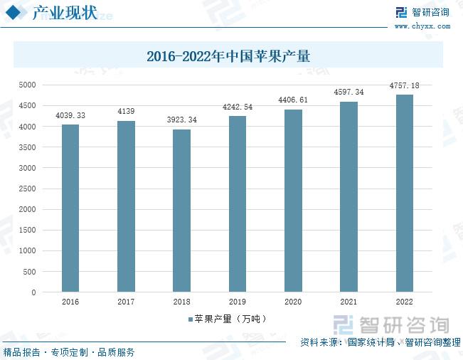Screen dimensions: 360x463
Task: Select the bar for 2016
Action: pyautogui.click(x=70, y=208)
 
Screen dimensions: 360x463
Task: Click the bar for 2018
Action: pyautogui.click(x=181, y=211)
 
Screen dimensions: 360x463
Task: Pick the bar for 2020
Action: pyautogui.click(x=293, y=201)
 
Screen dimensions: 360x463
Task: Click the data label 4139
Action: pyautogui.click(x=126, y=112)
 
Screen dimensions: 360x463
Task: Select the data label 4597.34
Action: pyautogui.click(x=348, y=92)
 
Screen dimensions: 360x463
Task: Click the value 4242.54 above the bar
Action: pyautogui.click(x=237, y=107)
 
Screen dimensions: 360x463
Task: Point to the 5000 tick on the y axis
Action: pyautogui.click(x=27, y=85)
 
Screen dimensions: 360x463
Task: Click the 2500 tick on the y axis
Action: pyautogui.click(x=27, y=189)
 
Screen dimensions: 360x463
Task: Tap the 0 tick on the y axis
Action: pyautogui.click(x=33, y=292)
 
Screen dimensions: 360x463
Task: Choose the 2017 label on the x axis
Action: pyautogui.click(x=126, y=302)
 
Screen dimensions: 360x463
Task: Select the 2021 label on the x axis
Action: pyautogui.click(x=348, y=302)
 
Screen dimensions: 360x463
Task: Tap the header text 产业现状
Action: pyautogui.click(x=65, y=14)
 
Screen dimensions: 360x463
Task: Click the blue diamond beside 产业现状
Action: pyautogui.click(x=21, y=14)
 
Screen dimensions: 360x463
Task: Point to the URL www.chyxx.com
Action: pyautogui.click(x=422, y=26)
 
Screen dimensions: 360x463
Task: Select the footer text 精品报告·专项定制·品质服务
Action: pyautogui.click(x=69, y=351)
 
